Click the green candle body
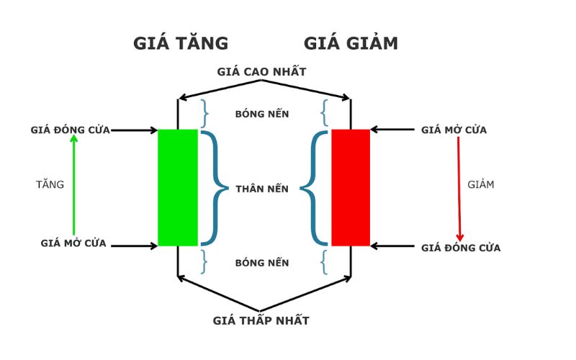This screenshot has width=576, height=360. [x=177, y=187]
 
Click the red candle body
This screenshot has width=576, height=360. [x=351, y=187]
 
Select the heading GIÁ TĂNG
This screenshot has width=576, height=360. [x=181, y=43]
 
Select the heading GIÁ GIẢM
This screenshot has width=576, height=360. [x=351, y=43]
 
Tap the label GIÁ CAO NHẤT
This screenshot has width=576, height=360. [x=262, y=72]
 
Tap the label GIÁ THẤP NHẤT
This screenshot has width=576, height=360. [x=262, y=320]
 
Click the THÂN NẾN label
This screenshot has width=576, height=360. [x=262, y=189]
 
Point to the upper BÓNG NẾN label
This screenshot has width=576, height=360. [x=262, y=114]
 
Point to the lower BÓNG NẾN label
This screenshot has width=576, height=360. [x=262, y=263]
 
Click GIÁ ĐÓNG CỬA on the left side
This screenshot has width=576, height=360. [x=70, y=130]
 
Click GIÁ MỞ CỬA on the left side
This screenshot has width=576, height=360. [x=73, y=243]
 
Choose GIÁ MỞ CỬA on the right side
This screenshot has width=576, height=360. [x=454, y=130]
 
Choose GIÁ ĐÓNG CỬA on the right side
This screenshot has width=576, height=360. [x=461, y=248]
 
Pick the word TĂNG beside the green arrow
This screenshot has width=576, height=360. [x=50, y=184]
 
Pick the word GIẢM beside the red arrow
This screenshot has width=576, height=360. [x=481, y=184]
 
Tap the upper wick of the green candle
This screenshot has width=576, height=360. [x=178, y=114]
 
